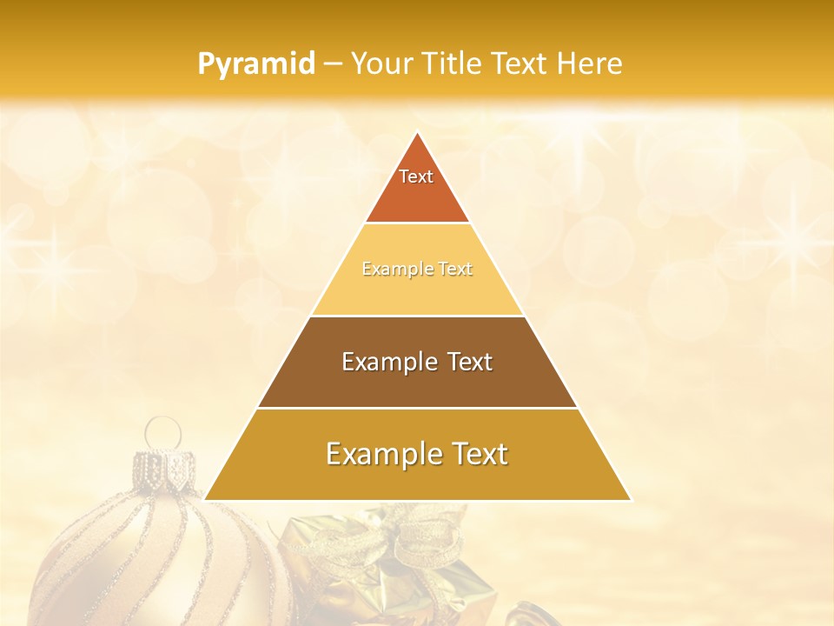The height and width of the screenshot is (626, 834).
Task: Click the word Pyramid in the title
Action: (x=255, y=64)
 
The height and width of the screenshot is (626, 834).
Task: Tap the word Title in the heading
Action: (x=455, y=64)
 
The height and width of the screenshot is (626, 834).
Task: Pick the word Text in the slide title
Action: (x=521, y=64)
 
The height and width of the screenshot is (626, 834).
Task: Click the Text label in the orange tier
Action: (x=416, y=176)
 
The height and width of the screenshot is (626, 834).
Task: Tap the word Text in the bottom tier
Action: (x=479, y=454)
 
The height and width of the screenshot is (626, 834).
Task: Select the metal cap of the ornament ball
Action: (x=163, y=469)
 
